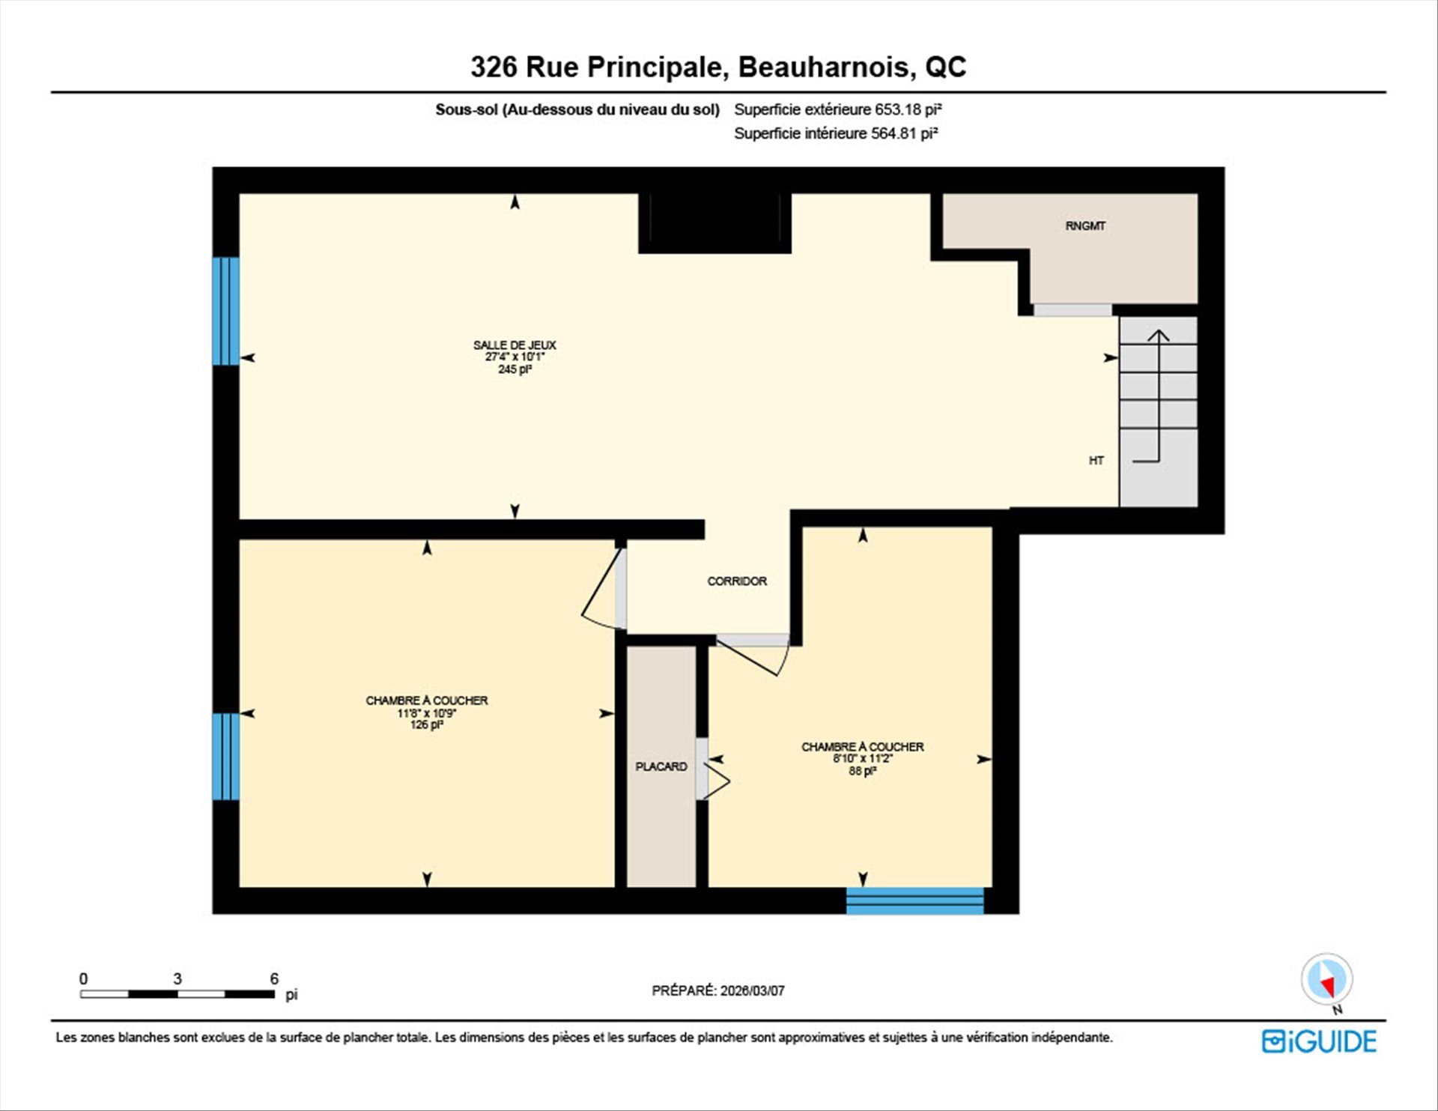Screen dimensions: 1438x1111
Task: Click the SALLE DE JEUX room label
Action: click(x=515, y=345)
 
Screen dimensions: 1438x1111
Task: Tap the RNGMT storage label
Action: click(x=1085, y=225)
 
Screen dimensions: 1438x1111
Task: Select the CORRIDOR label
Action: click(x=737, y=581)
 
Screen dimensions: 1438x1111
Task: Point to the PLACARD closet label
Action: click(x=661, y=766)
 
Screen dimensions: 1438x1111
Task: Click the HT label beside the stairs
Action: click(x=1096, y=461)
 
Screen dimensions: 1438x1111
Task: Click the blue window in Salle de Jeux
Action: click(x=226, y=311)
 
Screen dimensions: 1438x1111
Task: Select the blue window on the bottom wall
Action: click(x=914, y=900)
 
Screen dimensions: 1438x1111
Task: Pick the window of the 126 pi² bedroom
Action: click(x=226, y=757)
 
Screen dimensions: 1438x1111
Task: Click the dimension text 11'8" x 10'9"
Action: click(x=427, y=713)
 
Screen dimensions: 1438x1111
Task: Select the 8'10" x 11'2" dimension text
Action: click(x=863, y=759)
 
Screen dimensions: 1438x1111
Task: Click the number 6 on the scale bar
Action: click(x=274, y=978)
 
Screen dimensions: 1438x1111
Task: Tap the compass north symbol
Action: click(x=1327, y=980)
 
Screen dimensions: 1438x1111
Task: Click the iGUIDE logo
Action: click(x=1319, y=1041)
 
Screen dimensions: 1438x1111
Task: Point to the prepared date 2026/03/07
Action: click(x=753, y=990)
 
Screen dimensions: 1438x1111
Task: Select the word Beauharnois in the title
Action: click(x=827, y=67)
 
